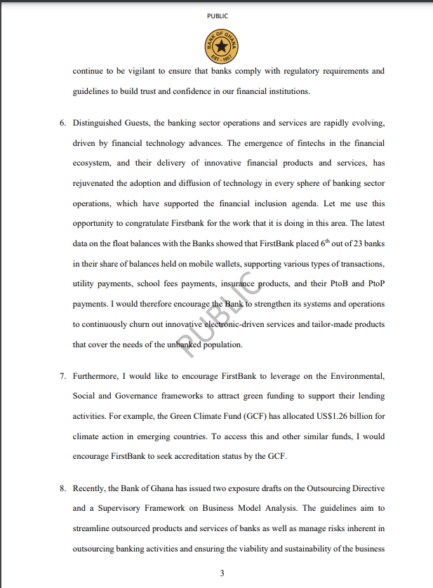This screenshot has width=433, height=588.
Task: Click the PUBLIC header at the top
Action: pos(217,15)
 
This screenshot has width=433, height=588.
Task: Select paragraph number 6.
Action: pos(62,123)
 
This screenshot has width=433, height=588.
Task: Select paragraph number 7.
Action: pos(62,376)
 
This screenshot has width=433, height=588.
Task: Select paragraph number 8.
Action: pos(62,488)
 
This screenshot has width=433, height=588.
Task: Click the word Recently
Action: pos(91,488)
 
